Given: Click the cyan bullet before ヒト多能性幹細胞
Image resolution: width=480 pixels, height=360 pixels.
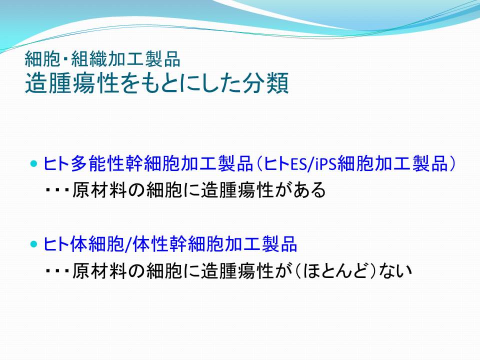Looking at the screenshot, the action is click(x=33, y=164).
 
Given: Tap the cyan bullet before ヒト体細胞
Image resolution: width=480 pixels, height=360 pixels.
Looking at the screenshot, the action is click(x=33, y=244).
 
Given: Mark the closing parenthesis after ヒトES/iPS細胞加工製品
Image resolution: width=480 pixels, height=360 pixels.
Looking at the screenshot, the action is click(x=452, y=164).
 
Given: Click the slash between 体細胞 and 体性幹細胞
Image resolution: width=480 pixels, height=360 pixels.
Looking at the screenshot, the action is click(x=128, y=244).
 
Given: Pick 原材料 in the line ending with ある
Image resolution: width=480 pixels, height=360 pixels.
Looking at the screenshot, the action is click(x=99, y=190).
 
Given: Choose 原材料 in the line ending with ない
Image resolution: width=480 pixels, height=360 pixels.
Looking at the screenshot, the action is click(x=99, y=271).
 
